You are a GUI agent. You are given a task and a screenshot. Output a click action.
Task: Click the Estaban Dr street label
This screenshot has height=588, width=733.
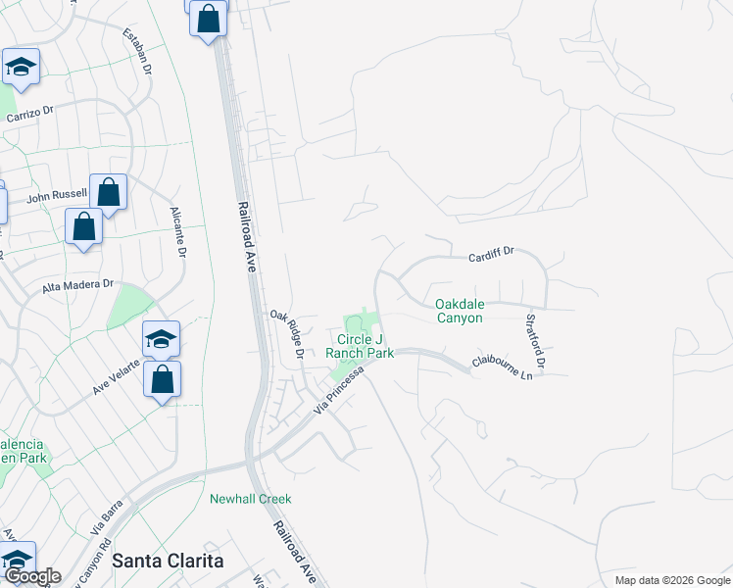137,53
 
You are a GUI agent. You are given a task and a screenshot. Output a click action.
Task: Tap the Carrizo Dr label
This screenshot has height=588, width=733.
33,114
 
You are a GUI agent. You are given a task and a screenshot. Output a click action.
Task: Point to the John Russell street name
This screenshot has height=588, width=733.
57,196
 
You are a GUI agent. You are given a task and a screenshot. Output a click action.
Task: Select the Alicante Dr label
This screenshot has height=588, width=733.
178,231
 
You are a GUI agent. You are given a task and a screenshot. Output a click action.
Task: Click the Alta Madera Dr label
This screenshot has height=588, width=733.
78,285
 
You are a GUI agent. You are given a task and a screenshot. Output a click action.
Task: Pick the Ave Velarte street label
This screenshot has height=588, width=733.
117,373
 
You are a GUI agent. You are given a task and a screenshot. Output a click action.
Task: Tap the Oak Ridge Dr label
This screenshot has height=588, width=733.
288,334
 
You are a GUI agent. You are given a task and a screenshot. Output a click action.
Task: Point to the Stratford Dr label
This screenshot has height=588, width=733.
534,340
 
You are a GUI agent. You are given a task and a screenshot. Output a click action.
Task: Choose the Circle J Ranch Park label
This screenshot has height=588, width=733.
360,346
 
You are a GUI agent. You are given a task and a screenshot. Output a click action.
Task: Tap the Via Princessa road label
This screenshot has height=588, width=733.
339,389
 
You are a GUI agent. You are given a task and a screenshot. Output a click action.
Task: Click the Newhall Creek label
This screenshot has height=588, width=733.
251,499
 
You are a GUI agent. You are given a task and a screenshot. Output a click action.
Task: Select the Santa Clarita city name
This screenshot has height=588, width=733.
168,561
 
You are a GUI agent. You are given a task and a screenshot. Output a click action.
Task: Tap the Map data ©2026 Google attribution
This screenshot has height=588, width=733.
671,580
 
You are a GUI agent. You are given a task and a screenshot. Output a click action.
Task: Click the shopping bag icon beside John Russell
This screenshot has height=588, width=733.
109,191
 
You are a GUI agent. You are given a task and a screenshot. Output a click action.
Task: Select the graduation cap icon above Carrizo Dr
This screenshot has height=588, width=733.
20,67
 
